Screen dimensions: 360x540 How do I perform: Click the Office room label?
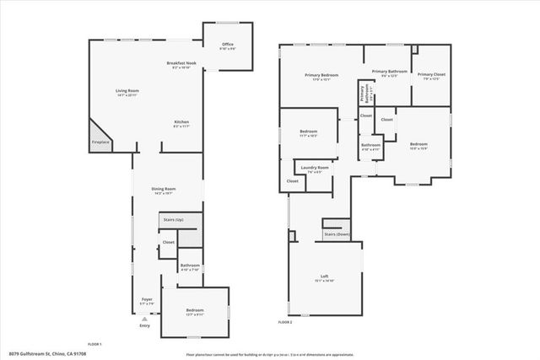[x=227, y=45]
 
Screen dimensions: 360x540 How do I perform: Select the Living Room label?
[x=127, y=92]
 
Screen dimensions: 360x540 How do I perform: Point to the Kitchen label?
[x=182, y=123]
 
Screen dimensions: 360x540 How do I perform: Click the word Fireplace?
[x=100, y=142]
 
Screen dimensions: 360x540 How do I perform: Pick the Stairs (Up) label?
[x=173, y=219]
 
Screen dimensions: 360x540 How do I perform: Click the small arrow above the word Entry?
[x=144, y=319]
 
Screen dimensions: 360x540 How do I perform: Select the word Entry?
[x=144, y=326]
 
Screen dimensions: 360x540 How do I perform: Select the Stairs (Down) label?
[x=336, y=234]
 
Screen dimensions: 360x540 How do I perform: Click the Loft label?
[x=324, y=277]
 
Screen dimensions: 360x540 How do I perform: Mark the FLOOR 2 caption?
[x=285, y=322]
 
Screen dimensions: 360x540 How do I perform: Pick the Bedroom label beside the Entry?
[x=196, y=311]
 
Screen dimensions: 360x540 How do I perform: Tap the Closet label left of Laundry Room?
[x=292, y=181]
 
